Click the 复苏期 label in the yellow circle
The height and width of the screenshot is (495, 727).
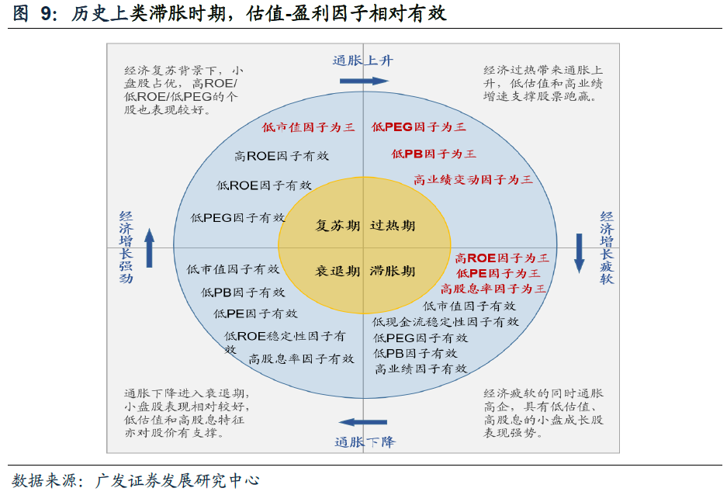point(338,226)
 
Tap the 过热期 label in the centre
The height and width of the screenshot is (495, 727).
point(392,226)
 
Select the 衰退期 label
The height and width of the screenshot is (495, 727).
point(338,272)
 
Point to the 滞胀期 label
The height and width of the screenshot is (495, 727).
point(392,272)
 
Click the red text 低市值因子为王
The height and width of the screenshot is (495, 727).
point(308,127)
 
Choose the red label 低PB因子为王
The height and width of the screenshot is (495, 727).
point(434,154)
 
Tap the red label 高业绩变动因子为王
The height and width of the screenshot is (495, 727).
point(473,179)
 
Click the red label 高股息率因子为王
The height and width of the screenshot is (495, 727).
point(493,289)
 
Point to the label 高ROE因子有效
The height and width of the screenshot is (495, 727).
point(282,156)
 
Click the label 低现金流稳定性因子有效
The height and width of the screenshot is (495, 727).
point(445,321)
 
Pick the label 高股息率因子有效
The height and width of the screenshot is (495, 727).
point(302,358)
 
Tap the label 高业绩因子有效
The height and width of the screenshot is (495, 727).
point(421,369)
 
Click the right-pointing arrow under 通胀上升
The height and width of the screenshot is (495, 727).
point(363,81)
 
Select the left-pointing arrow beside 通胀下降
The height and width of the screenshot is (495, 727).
point(362,423)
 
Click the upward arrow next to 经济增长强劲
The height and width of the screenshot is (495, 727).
point(150,247)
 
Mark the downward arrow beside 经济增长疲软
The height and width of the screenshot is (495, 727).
point(579,253)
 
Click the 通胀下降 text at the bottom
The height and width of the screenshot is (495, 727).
point(365,441)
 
